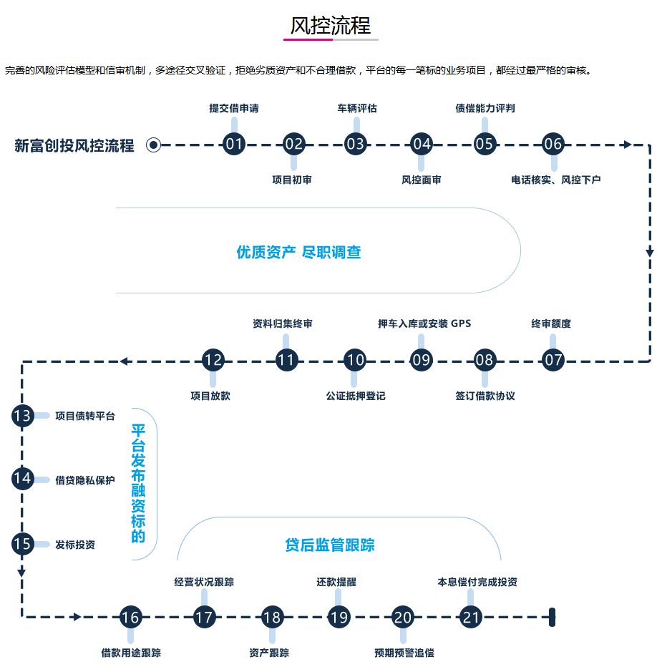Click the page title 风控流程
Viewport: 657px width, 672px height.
[330, 26]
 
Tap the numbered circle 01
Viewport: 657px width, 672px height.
[233, 144]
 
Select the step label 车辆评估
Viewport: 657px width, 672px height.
[356, 109]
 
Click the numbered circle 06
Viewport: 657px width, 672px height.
[553, 144]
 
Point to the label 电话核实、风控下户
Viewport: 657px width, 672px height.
[555, 180]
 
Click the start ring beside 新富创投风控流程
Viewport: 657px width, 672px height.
[153, 145]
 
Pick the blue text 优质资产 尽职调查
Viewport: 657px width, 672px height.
[298, 252]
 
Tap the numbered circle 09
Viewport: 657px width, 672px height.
[422, 360]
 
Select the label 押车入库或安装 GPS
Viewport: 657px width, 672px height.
[424, 323]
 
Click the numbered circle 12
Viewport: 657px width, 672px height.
[213, 360]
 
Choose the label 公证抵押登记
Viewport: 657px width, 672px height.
[355, 396]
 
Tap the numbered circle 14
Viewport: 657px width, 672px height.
[22, 478]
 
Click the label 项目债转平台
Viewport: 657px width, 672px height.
[84, 416]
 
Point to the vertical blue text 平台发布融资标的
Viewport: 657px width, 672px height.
[138, 483]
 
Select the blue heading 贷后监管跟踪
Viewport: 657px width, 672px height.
[329, 545]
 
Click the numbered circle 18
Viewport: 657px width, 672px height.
[271, 617]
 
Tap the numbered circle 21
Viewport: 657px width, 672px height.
[469, 617]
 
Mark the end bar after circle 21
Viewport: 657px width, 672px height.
[552, 617]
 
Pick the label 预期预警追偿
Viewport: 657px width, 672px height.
[404, 653]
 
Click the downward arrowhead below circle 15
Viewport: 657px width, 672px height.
[22, 572]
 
